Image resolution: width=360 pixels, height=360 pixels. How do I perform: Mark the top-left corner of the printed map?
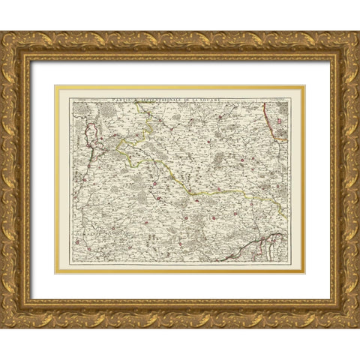(57, 88)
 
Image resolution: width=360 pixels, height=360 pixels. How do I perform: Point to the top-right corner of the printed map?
(303, 88)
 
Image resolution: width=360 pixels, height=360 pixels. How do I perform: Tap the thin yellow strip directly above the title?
(180, 87)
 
